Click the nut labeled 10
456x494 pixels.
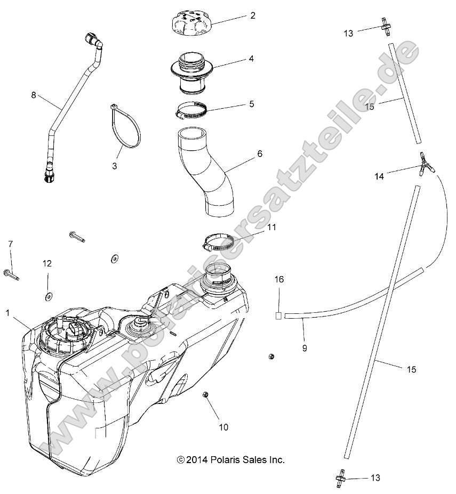click(205, 394)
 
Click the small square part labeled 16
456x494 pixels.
click(278, 315)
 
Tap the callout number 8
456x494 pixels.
click(34, 95)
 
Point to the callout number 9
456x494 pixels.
click(304, 348)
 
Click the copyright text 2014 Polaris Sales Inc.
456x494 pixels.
click(231, 459)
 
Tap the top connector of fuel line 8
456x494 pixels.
click(93, 41)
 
